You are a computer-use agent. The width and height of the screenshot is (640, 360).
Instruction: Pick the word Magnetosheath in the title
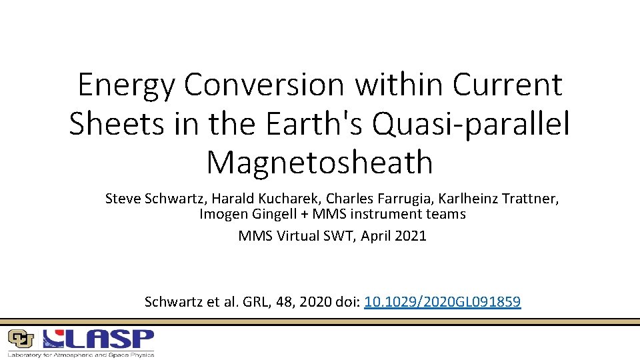[319, 161]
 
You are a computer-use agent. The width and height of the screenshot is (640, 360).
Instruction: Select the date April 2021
[393, 236]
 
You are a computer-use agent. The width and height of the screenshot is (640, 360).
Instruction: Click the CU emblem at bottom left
[21, 339]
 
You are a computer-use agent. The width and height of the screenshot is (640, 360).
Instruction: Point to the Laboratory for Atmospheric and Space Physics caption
[81, 354]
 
